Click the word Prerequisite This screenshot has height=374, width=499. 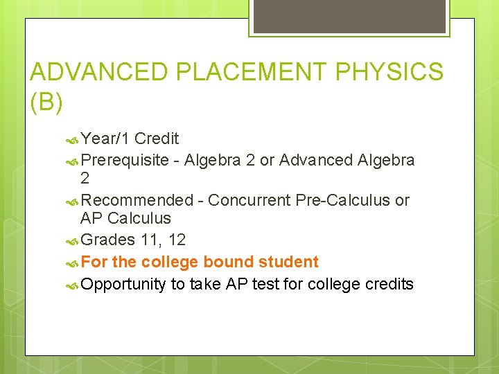point(125,161)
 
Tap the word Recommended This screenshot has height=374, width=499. point(137,201)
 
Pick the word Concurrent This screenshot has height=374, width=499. point(249,201)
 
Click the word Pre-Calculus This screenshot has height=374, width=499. point(343,201)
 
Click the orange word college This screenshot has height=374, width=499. point(170,262)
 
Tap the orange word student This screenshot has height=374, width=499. point(288,262)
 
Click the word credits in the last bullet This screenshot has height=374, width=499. point(389,284)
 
